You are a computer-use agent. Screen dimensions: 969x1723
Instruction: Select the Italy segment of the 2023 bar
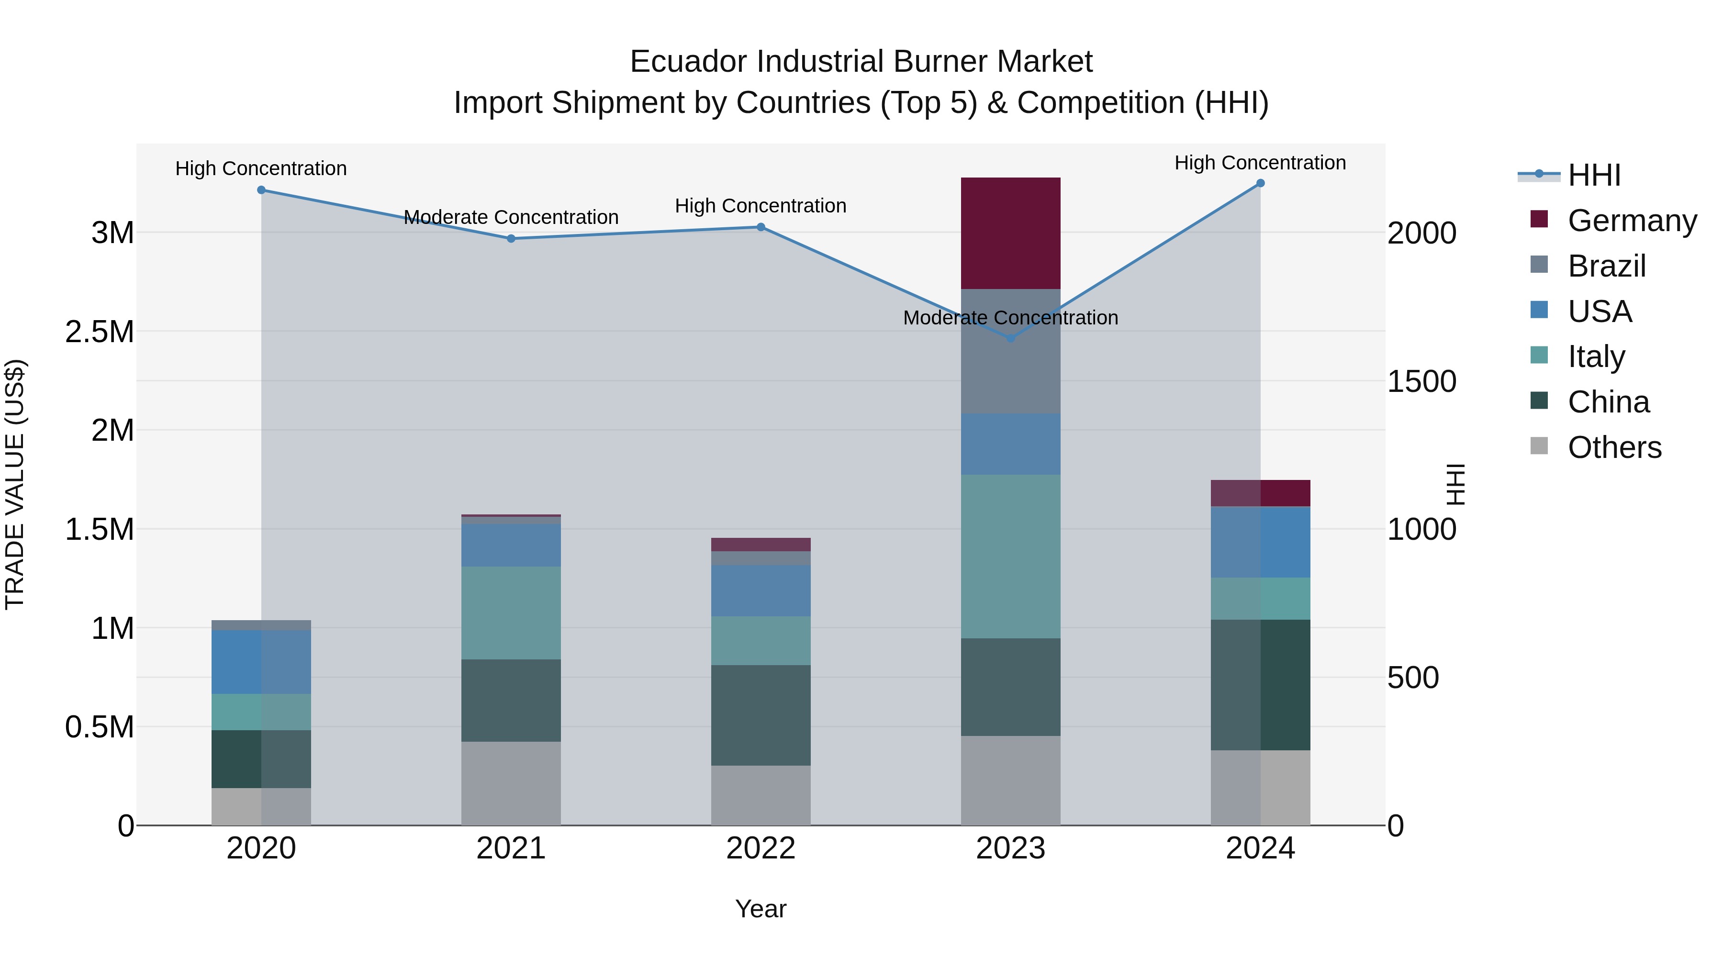click(1010, 556)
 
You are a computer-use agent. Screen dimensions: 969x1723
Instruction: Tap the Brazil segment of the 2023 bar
click(1010, 375)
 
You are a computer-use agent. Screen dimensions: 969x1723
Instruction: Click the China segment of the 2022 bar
click(761, 715)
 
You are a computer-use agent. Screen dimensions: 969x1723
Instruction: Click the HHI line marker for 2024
click(1260, 183)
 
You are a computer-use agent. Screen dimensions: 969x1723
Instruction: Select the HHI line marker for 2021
click(511, 239)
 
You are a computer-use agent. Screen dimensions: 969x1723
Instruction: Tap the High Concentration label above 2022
click(761, 206)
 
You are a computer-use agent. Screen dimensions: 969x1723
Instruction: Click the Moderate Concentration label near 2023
click(1010, 318)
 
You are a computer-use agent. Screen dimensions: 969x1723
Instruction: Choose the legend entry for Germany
click(1632, 221)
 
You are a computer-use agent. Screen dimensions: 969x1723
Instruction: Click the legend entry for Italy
click(1596, 356)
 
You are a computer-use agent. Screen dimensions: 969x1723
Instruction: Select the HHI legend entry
click(1594, 175)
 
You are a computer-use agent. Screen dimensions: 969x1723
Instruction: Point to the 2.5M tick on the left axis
click(100, 332)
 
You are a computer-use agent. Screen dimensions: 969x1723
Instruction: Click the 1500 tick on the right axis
click(1421, 381)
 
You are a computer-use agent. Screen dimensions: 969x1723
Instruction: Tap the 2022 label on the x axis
click(761, 848)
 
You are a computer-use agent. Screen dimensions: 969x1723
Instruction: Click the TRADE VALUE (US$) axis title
click(15, 484)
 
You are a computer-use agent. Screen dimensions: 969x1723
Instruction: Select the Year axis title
click(761, 909)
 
